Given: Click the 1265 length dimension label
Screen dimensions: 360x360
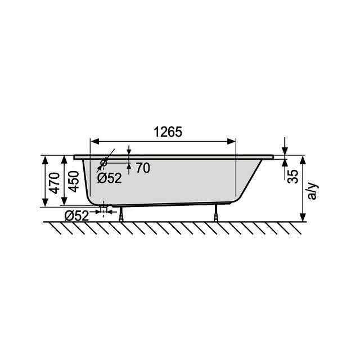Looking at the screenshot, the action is (x=168, y=132).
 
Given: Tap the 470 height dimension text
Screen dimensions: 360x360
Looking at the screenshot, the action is (x=55, y=183).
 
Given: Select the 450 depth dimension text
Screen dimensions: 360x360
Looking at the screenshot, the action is (x=74, y=182).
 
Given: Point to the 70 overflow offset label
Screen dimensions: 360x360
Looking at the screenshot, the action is (x=143, y=168).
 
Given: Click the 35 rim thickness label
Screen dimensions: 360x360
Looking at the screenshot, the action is (x=293, y=176).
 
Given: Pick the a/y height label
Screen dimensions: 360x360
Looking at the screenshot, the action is (x=312, y=191).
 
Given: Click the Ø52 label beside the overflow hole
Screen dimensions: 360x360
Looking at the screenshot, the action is (x=109, y=178).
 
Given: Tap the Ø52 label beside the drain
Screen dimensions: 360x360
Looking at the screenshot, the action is (x=76, y=216).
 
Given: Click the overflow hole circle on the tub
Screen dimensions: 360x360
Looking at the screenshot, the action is (x=103, y=163).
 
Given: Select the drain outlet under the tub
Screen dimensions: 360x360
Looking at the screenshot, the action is (x=104, y=209).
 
